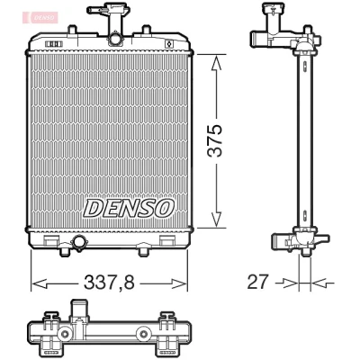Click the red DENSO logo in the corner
[x=43, y=17]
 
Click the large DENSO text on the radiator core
[x=129, y=208]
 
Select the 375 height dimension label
[x=216, y=140]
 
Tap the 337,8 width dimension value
[x=109, y=283]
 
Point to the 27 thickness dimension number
[x=256, y=282]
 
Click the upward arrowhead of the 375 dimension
[x=216, y=64]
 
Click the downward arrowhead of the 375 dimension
[x=216, y=219]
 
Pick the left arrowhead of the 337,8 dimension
[x=40, y=283]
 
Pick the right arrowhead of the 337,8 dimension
[x=179, y=283]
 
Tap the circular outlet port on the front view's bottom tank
[x=79, y=242]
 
